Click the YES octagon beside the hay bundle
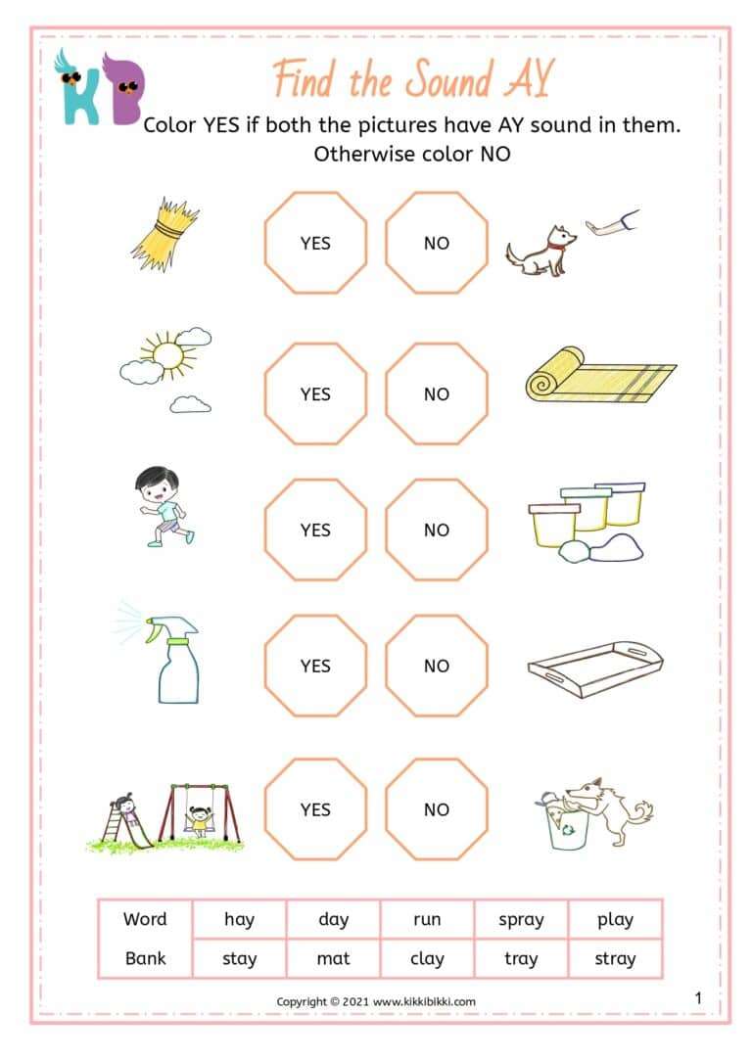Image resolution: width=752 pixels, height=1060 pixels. (x=315, y=243)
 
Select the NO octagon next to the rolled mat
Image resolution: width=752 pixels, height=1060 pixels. (x=436, y=393)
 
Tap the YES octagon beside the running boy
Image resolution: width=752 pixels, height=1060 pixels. (x=315, y=530)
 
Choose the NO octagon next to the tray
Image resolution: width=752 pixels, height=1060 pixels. (x=436, y=666)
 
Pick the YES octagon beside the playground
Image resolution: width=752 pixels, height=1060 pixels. (x=315, y=808)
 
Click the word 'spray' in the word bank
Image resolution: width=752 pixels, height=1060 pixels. (x=521, y=919)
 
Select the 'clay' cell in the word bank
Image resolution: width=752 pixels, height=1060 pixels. (x=427, y=958)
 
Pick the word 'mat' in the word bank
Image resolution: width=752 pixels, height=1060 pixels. (x=333, y=958)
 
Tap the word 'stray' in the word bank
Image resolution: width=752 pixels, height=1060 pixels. (x=615, y=958)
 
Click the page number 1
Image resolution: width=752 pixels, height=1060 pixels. (x=698, y=997)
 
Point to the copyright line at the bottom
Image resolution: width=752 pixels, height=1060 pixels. (x=375, y=1001)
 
